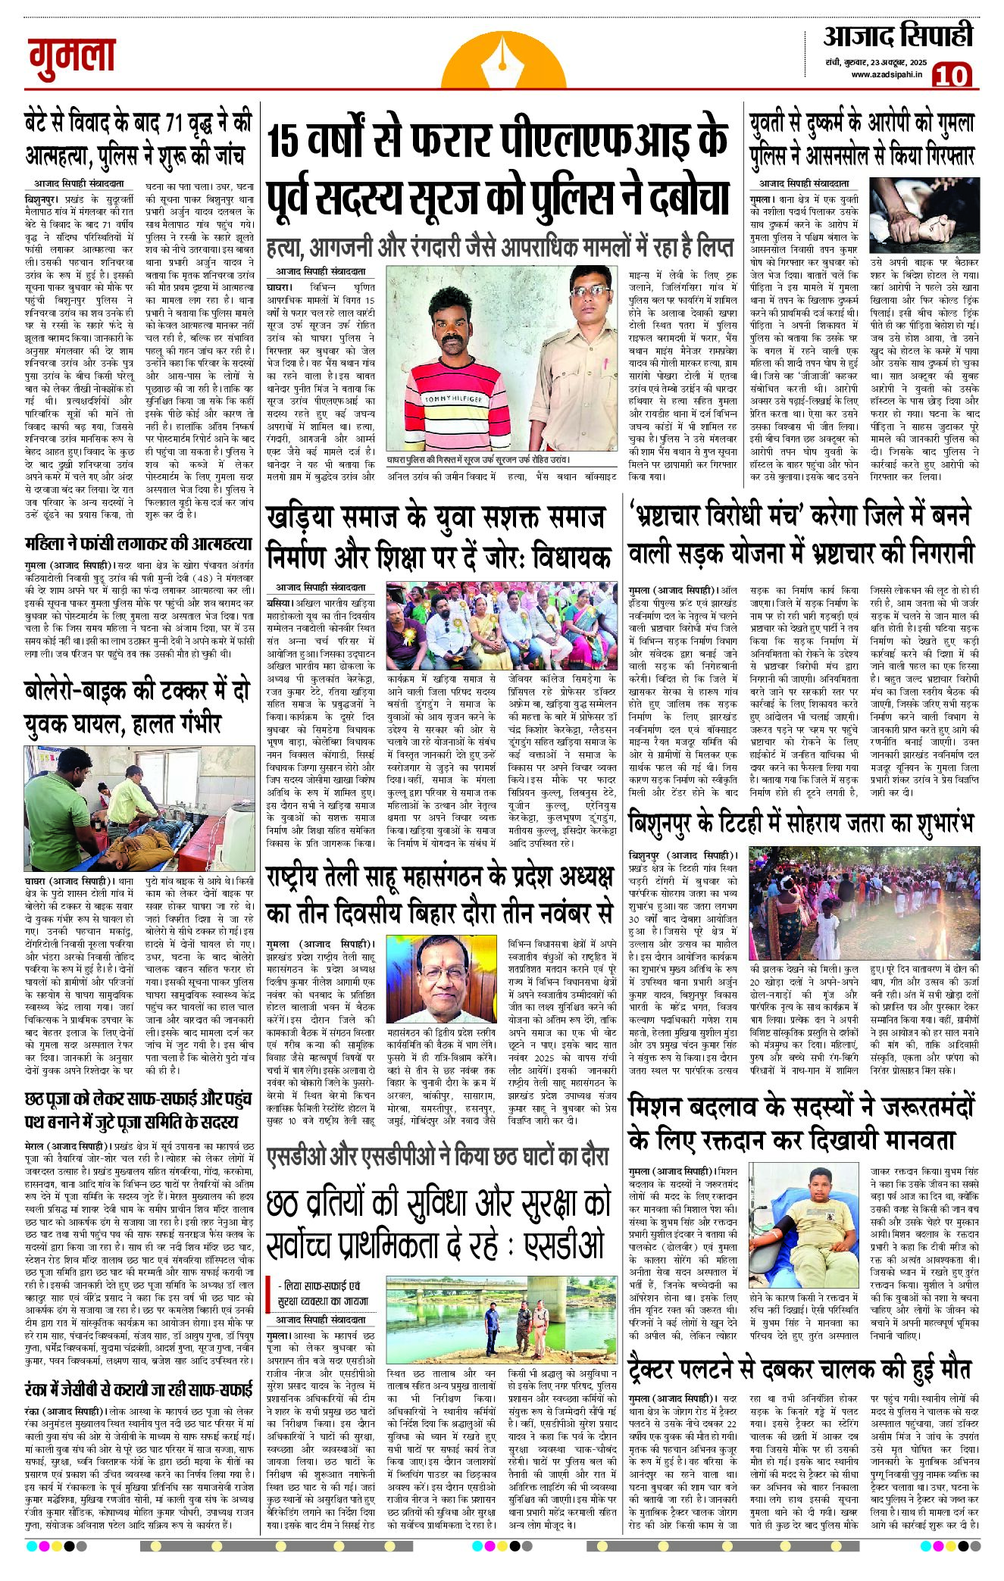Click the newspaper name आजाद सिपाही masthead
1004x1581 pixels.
click(x=897, y=36)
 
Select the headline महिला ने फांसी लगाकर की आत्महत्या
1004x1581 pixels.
click(x=137, y=542)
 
